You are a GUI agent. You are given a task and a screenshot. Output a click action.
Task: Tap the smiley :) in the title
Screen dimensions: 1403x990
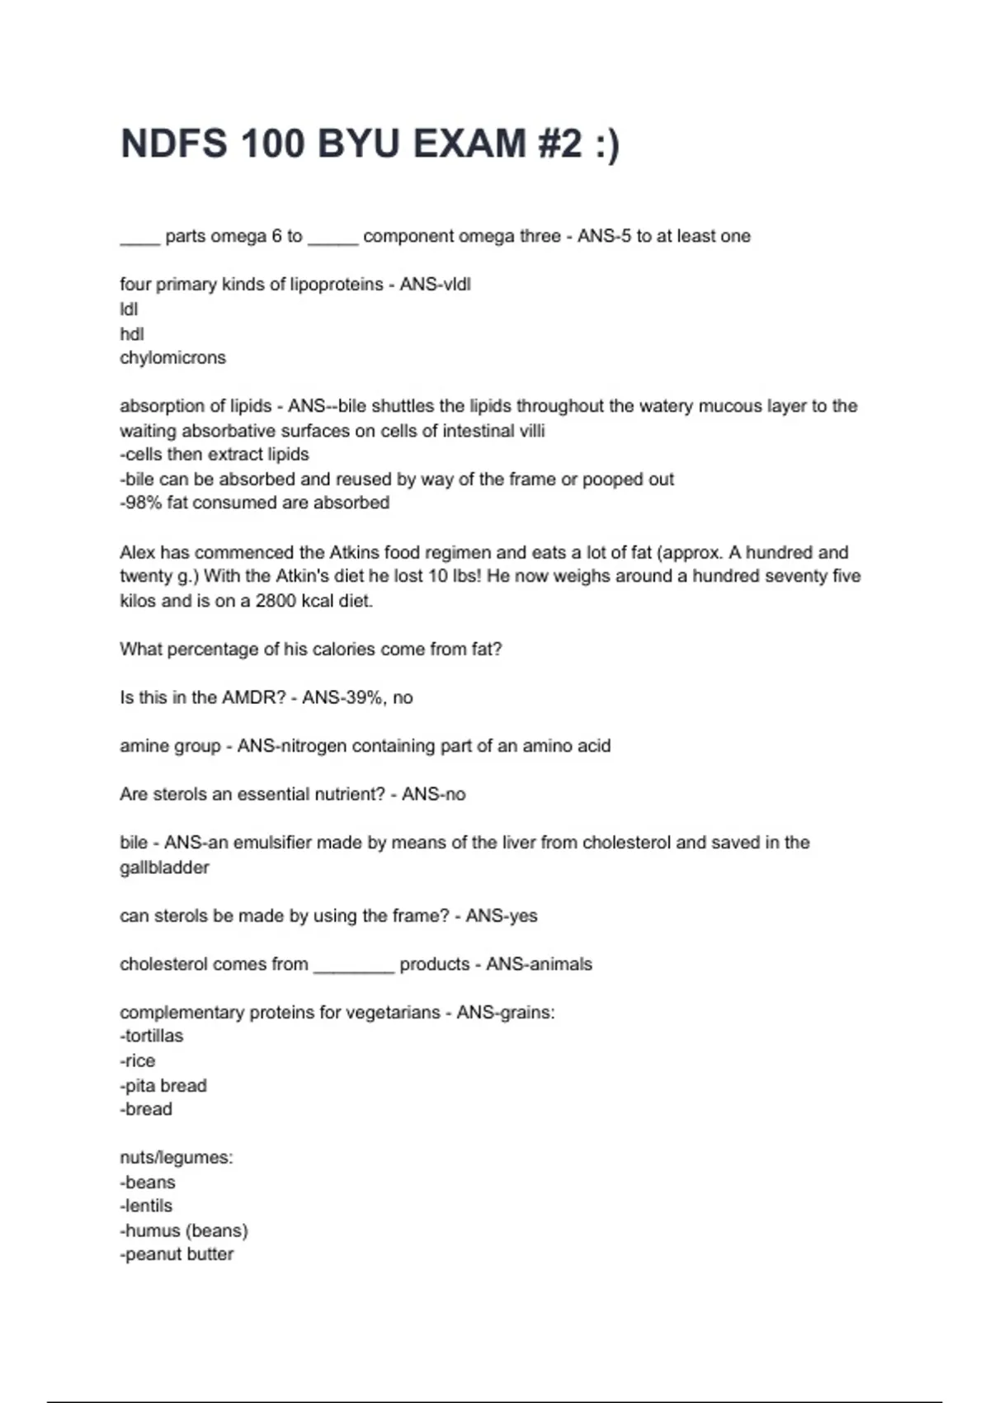tap(606, 144)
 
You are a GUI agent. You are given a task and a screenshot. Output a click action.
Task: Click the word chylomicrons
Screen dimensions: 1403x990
tap(172, 358)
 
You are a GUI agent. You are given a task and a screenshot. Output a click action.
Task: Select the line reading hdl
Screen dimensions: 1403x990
tap(132, 333)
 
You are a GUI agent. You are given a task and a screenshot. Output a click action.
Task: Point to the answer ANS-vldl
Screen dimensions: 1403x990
tap(436, 285)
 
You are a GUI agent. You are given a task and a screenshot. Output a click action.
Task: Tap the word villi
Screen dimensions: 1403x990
tap(531, 431)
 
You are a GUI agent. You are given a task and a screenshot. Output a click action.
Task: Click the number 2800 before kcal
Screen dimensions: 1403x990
tap(276, 601)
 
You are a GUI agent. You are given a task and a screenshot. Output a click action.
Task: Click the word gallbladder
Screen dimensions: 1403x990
tap(164, 867)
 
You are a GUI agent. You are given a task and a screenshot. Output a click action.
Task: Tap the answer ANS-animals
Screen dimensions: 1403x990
tap(539, 964)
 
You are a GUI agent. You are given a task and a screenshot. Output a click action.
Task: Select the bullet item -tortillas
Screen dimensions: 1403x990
tap(152, 1036)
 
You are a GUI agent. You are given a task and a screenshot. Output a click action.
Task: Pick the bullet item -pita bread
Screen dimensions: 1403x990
tap(163, 1085)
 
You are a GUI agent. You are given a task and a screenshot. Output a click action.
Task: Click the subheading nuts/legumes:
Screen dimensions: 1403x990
tap(177, 1158)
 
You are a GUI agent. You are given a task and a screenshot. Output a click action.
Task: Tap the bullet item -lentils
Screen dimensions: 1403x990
tap(146, 1206)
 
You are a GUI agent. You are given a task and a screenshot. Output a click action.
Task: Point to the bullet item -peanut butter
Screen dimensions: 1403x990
tap(177, 1254)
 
